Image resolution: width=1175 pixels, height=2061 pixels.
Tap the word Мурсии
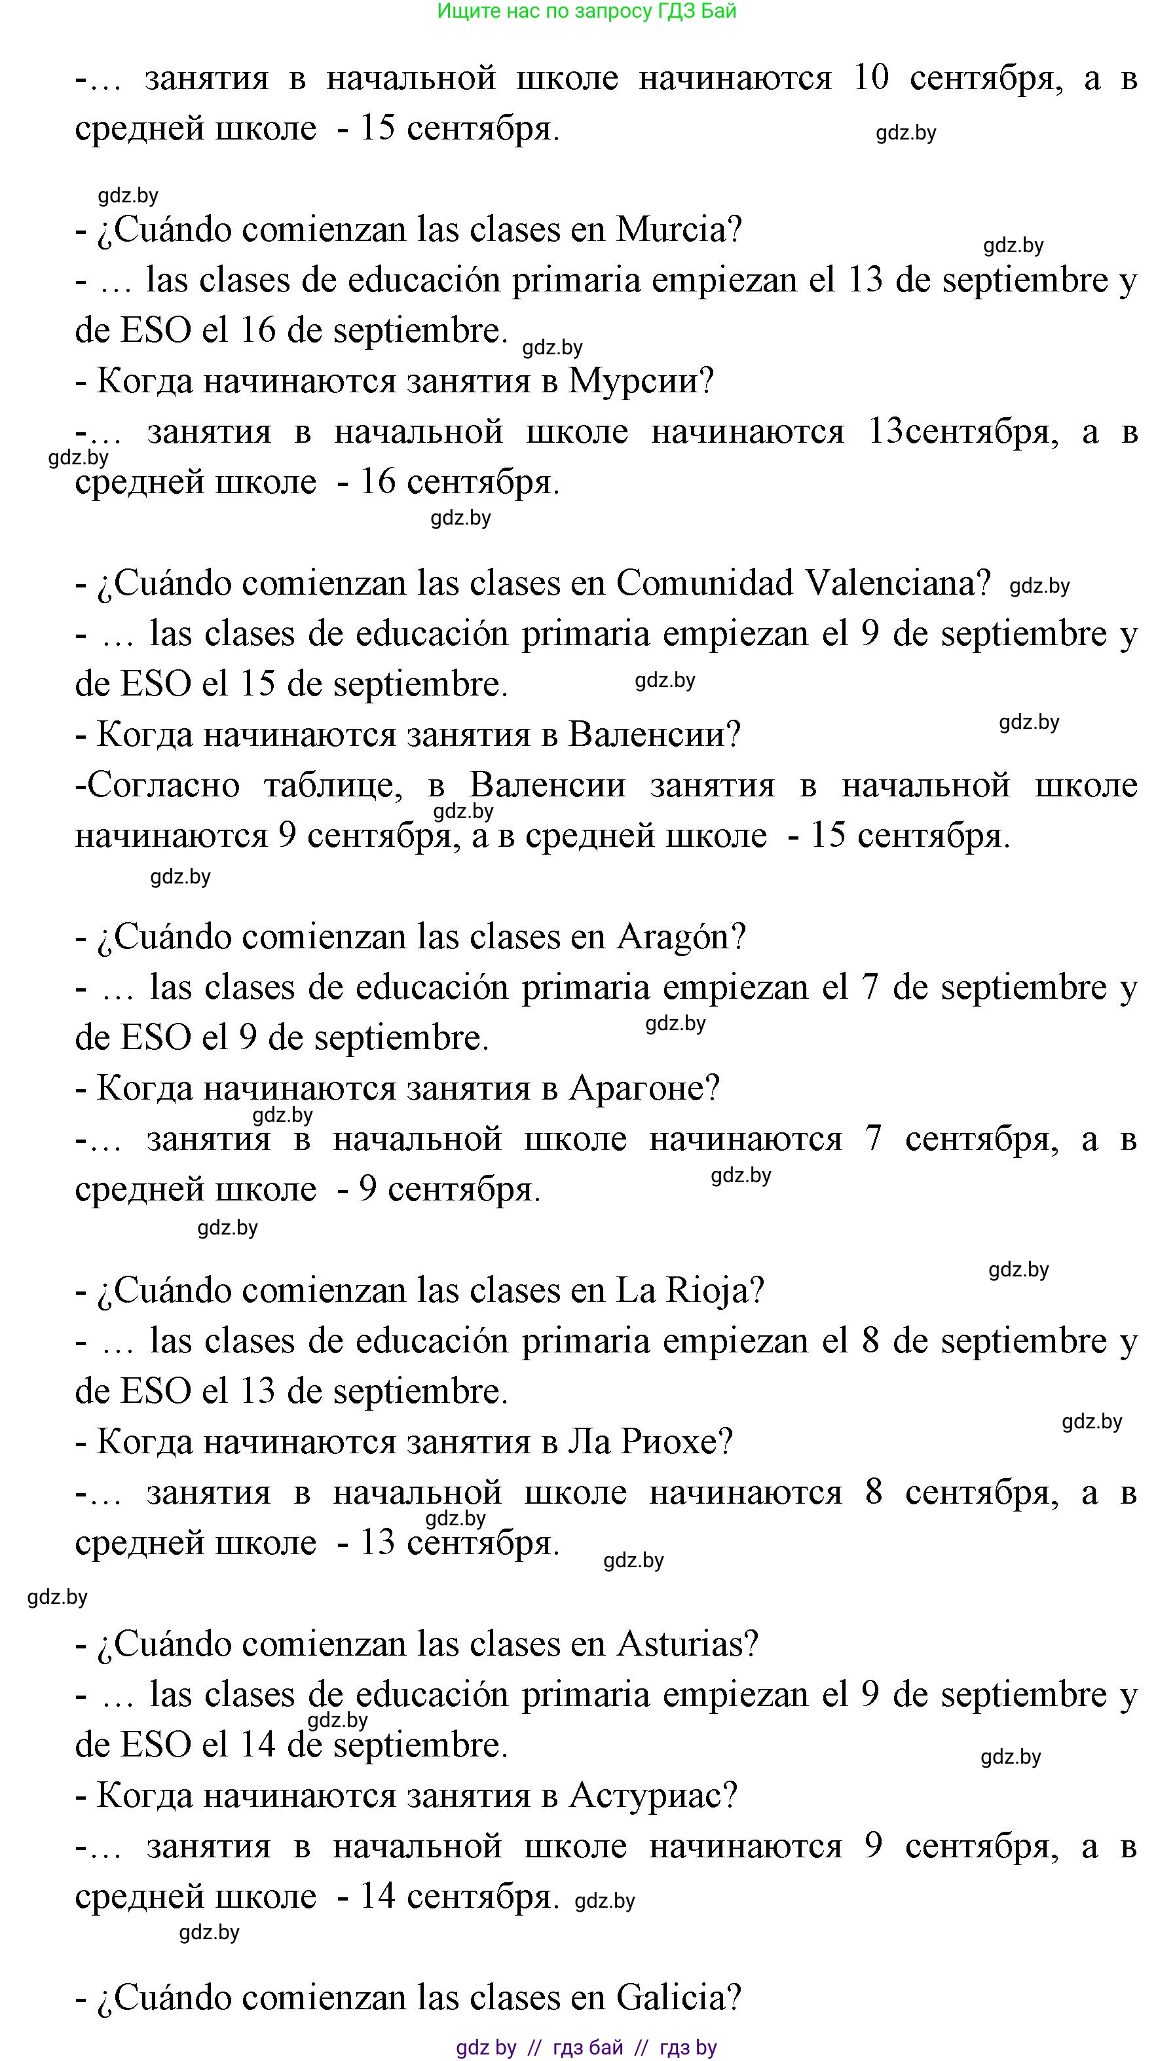point(641,382)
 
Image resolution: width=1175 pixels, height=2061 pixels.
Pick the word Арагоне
point(644,1088)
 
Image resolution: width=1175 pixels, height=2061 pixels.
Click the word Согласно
point(163,785)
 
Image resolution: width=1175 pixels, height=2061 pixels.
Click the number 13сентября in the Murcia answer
point(963,432)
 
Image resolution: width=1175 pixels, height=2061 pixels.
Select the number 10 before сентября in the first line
point(870,79)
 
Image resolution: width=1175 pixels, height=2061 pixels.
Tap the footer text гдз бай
point(587,2047)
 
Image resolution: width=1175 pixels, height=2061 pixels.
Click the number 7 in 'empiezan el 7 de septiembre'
point(869,988)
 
